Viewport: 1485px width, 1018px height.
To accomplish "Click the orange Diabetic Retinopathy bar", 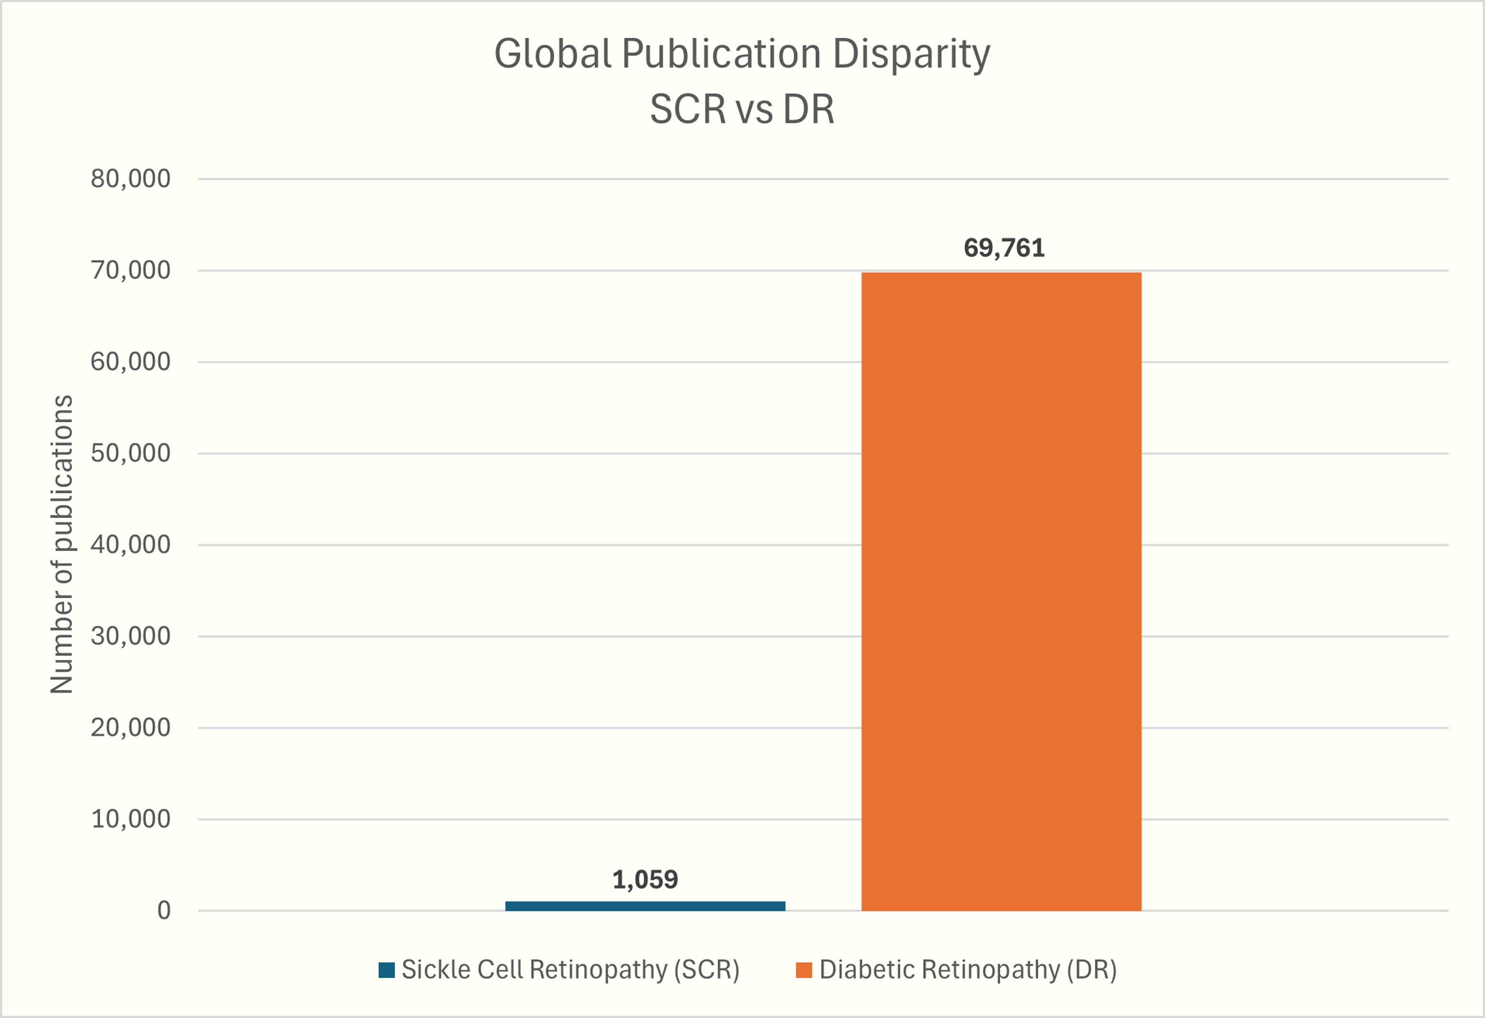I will pos(1001,591).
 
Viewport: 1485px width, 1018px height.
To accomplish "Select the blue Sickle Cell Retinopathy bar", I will pos(645,905).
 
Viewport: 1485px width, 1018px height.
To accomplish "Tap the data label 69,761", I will pos(1004,248).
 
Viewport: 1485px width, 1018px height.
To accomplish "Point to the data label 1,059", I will pos(645,880).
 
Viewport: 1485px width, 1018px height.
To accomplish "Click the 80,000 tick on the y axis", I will pos(130,179).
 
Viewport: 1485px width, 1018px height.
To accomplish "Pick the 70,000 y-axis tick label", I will pos(130,270).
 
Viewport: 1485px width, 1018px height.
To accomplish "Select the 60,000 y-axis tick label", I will pos(130,362).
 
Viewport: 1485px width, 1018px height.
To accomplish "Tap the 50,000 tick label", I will pos(130,453).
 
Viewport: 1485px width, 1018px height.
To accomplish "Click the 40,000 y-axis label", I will pos(130,544).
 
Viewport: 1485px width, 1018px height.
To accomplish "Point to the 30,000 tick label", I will pos(130,635).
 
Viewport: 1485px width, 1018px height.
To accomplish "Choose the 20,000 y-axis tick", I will pos(130,727).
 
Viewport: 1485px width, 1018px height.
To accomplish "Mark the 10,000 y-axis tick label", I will pos(130,818).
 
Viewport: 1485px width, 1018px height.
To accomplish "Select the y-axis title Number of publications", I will pos(62,544).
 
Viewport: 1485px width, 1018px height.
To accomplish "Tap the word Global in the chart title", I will pos(553,54).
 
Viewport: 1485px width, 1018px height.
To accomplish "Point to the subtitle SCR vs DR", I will pos(742,109).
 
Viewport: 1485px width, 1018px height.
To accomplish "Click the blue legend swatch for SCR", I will pos(386,970).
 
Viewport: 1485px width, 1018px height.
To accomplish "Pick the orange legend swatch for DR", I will pos(804,970).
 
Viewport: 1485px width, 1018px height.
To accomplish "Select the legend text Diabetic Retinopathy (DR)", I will pos(968,970).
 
